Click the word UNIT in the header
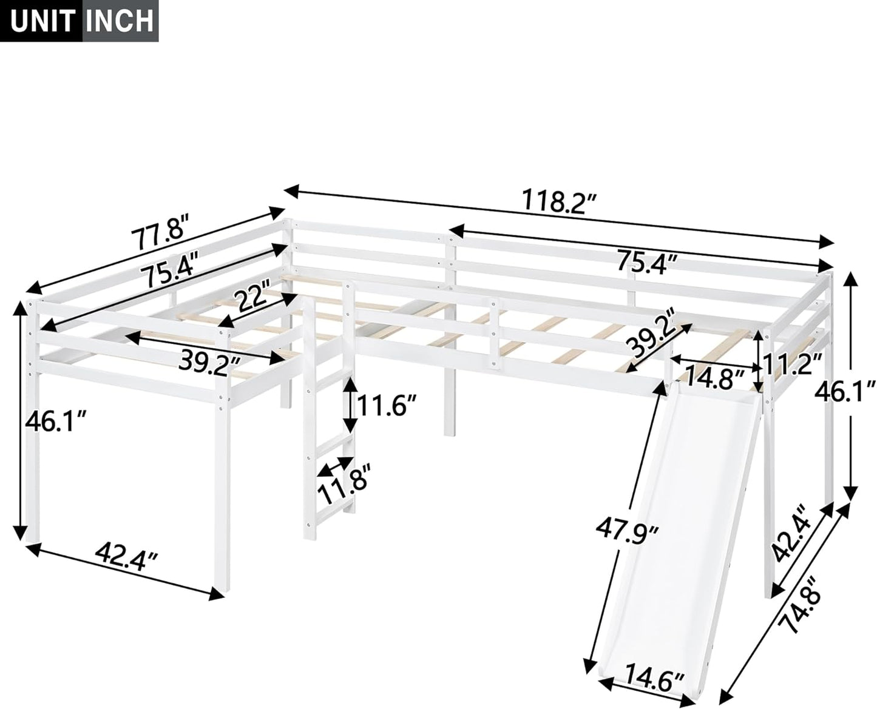pos(40,20)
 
